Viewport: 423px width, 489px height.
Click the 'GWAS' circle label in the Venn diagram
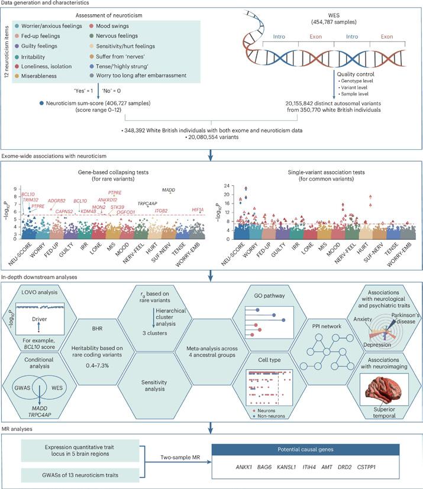(22, 381)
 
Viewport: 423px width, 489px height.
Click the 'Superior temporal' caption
(372, 413)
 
